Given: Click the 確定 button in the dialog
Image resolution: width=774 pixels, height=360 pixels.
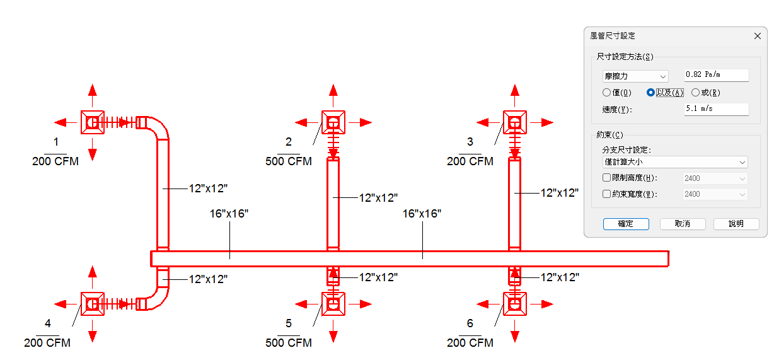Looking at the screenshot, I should [x=625, y=224].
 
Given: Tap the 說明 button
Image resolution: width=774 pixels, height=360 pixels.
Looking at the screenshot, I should [x=736, y=224].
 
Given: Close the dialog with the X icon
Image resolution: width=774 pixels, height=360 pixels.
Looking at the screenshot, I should [x=758, y=36].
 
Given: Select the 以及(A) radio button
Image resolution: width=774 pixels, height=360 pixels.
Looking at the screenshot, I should [x=651, y=93].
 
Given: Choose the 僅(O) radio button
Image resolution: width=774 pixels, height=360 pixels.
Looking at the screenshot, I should [x=606, y=93].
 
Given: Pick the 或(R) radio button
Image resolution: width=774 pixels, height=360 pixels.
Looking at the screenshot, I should [x=695, y=93].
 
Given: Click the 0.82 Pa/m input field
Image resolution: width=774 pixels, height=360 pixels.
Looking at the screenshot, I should [x=716, y=75].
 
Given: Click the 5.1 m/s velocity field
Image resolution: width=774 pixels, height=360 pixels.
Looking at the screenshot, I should [x=716, y=109].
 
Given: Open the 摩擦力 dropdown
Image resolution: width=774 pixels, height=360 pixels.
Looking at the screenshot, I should [x=635, y=76].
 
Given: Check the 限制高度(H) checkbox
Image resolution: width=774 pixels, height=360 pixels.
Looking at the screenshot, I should [x=606, y=178].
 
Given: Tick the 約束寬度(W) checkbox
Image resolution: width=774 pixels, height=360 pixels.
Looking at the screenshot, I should [x=606, y=194].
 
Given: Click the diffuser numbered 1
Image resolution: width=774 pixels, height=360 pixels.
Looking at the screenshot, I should [x=93, y=122].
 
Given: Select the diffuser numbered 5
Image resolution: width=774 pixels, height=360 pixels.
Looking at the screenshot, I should [x=333, y=304].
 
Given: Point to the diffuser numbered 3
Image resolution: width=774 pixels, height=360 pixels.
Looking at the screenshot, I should [x=515, y=122].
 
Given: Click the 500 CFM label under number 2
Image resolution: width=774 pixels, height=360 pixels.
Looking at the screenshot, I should [x=289, y=161].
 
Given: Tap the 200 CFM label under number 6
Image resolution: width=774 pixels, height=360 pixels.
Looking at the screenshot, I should [x=470, y=343].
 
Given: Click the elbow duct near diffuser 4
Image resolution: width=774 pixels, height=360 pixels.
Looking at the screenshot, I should [x=158, y=295].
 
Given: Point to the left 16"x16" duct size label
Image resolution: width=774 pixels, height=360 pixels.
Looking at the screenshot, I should [x=229, y=214].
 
